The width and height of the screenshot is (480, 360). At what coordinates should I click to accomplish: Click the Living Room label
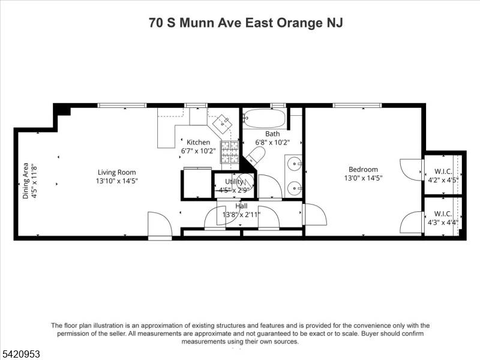[116, 172]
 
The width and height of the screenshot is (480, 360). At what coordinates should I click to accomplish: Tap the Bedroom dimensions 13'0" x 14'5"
[364, 178]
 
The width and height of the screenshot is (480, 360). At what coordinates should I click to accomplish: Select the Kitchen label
[199, 142]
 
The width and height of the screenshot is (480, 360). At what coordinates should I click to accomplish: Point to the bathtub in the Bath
[265, 118]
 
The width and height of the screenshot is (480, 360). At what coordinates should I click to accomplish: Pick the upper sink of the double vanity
[295, 164]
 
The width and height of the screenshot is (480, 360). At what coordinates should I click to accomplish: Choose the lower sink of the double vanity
[295, 187]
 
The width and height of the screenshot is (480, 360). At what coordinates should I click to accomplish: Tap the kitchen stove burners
[230, 152]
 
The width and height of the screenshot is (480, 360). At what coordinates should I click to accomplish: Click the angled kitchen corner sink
[222, 124]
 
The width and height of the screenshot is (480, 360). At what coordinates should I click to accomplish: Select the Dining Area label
[26, 181]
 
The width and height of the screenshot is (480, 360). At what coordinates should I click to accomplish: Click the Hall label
[242, 206]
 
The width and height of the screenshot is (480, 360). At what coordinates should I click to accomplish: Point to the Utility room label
[234, 182]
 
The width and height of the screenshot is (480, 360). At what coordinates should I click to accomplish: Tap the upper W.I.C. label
[443, 172]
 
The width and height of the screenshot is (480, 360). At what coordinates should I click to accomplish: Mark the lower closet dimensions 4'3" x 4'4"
[443, 222]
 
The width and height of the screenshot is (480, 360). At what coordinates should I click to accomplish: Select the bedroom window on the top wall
[358, 106]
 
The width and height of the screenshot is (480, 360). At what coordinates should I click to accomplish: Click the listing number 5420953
[20, 354]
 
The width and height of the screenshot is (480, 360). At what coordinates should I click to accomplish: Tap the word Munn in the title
[197, 23]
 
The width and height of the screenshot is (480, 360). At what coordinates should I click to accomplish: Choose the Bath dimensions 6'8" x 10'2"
[272, 142]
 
